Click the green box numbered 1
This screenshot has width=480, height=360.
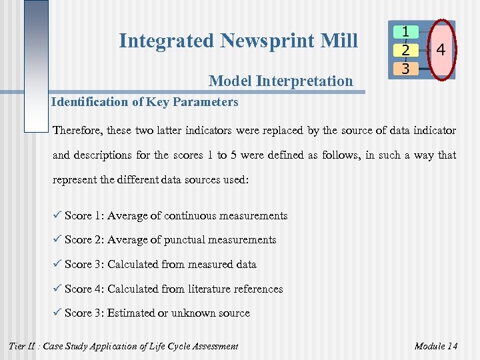click(x=405, y=31)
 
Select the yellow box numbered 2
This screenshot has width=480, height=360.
click(x=405, y=50)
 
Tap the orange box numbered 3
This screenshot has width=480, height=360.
click(x=405, y=68)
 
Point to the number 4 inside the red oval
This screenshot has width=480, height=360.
click(x=441, y=50)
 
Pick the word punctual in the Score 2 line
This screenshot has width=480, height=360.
click(x=187, y=240)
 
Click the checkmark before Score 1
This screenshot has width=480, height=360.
click(x=57, y=215)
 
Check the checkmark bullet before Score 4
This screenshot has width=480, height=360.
click(x=57, y=288)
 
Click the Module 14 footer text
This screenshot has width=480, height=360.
click(x=435, y=346)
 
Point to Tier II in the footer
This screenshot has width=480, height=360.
click(x=23, y=346)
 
